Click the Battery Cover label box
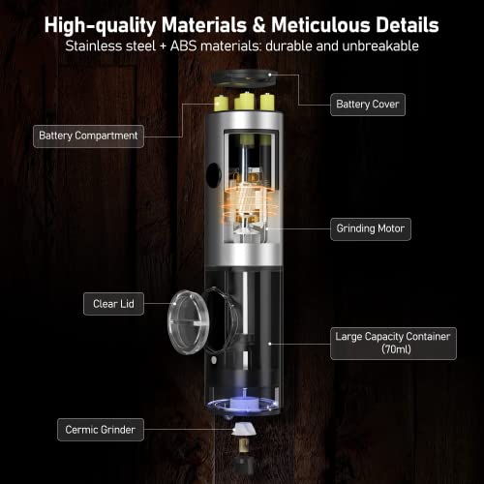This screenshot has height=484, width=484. coord(368,105)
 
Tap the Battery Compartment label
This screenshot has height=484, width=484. coord(88,136)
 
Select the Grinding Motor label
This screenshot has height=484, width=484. coord(371,229)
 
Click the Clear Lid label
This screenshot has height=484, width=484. coord(113,304)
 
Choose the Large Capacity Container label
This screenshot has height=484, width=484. coord(393,344)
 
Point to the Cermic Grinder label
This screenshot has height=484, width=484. coord(101,430)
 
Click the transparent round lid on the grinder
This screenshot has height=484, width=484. coord(188,322)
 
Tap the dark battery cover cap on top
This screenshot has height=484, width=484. coord(244,78)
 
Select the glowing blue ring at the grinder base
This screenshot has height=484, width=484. coord(243,406)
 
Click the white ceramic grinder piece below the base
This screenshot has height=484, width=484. coord(243,430)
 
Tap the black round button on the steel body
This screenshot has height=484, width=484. coord(213,175)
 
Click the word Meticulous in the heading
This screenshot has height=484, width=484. coord(321,25)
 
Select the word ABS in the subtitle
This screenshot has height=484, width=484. coord(183,45)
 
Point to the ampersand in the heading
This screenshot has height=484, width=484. coord(258,25)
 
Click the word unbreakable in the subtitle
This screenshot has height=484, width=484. coord(380,45)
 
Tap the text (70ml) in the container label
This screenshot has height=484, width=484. coord(396,349)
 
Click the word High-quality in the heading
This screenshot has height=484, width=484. coord(100,26)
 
